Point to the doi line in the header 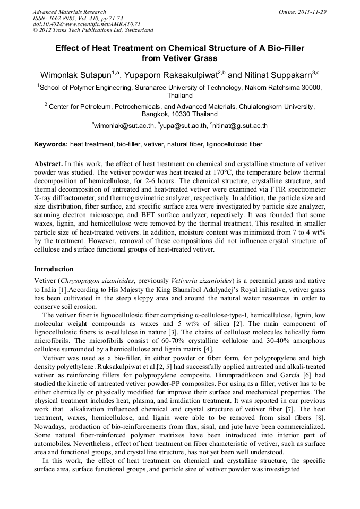click(86, 24)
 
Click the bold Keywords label click(51, 144)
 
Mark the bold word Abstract click(48, 163)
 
